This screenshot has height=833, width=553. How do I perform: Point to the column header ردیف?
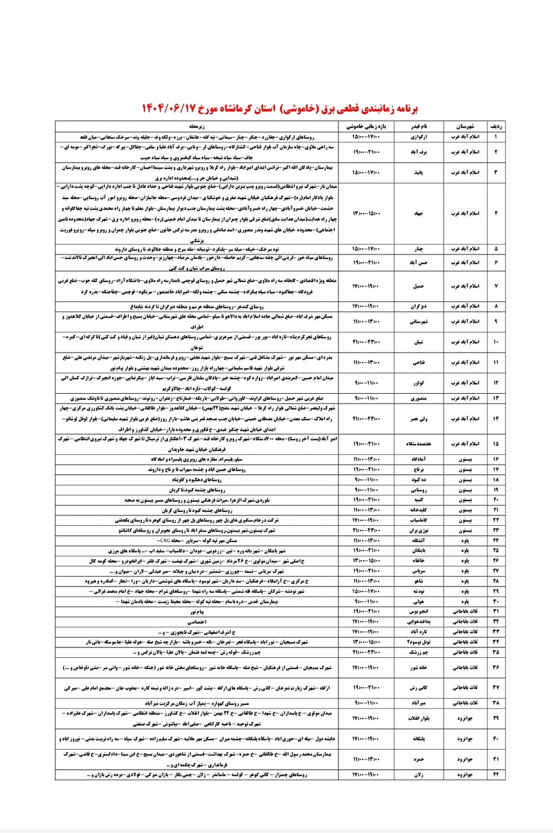(x=497, y=125)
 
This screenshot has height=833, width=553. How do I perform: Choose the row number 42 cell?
(x=497, y=775)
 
